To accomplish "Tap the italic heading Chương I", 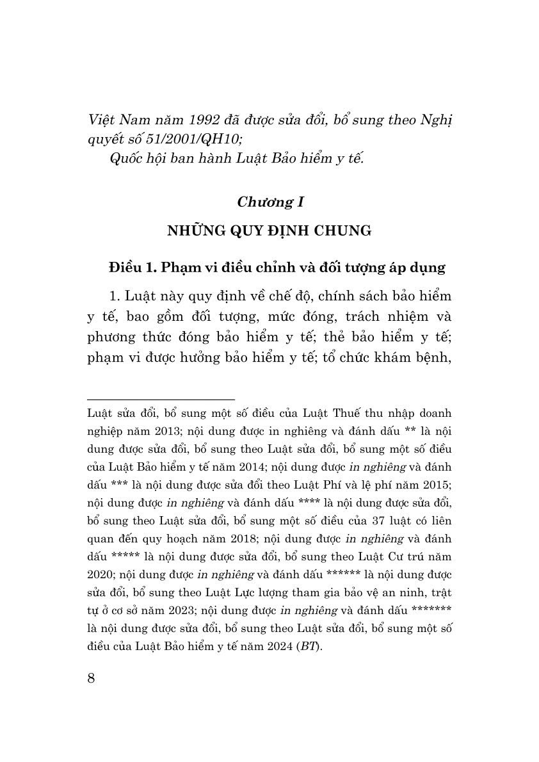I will point(269,202).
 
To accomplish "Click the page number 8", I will point(90,678).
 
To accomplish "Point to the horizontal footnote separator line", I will point(161,399).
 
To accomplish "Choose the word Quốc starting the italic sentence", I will point(126,159).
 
